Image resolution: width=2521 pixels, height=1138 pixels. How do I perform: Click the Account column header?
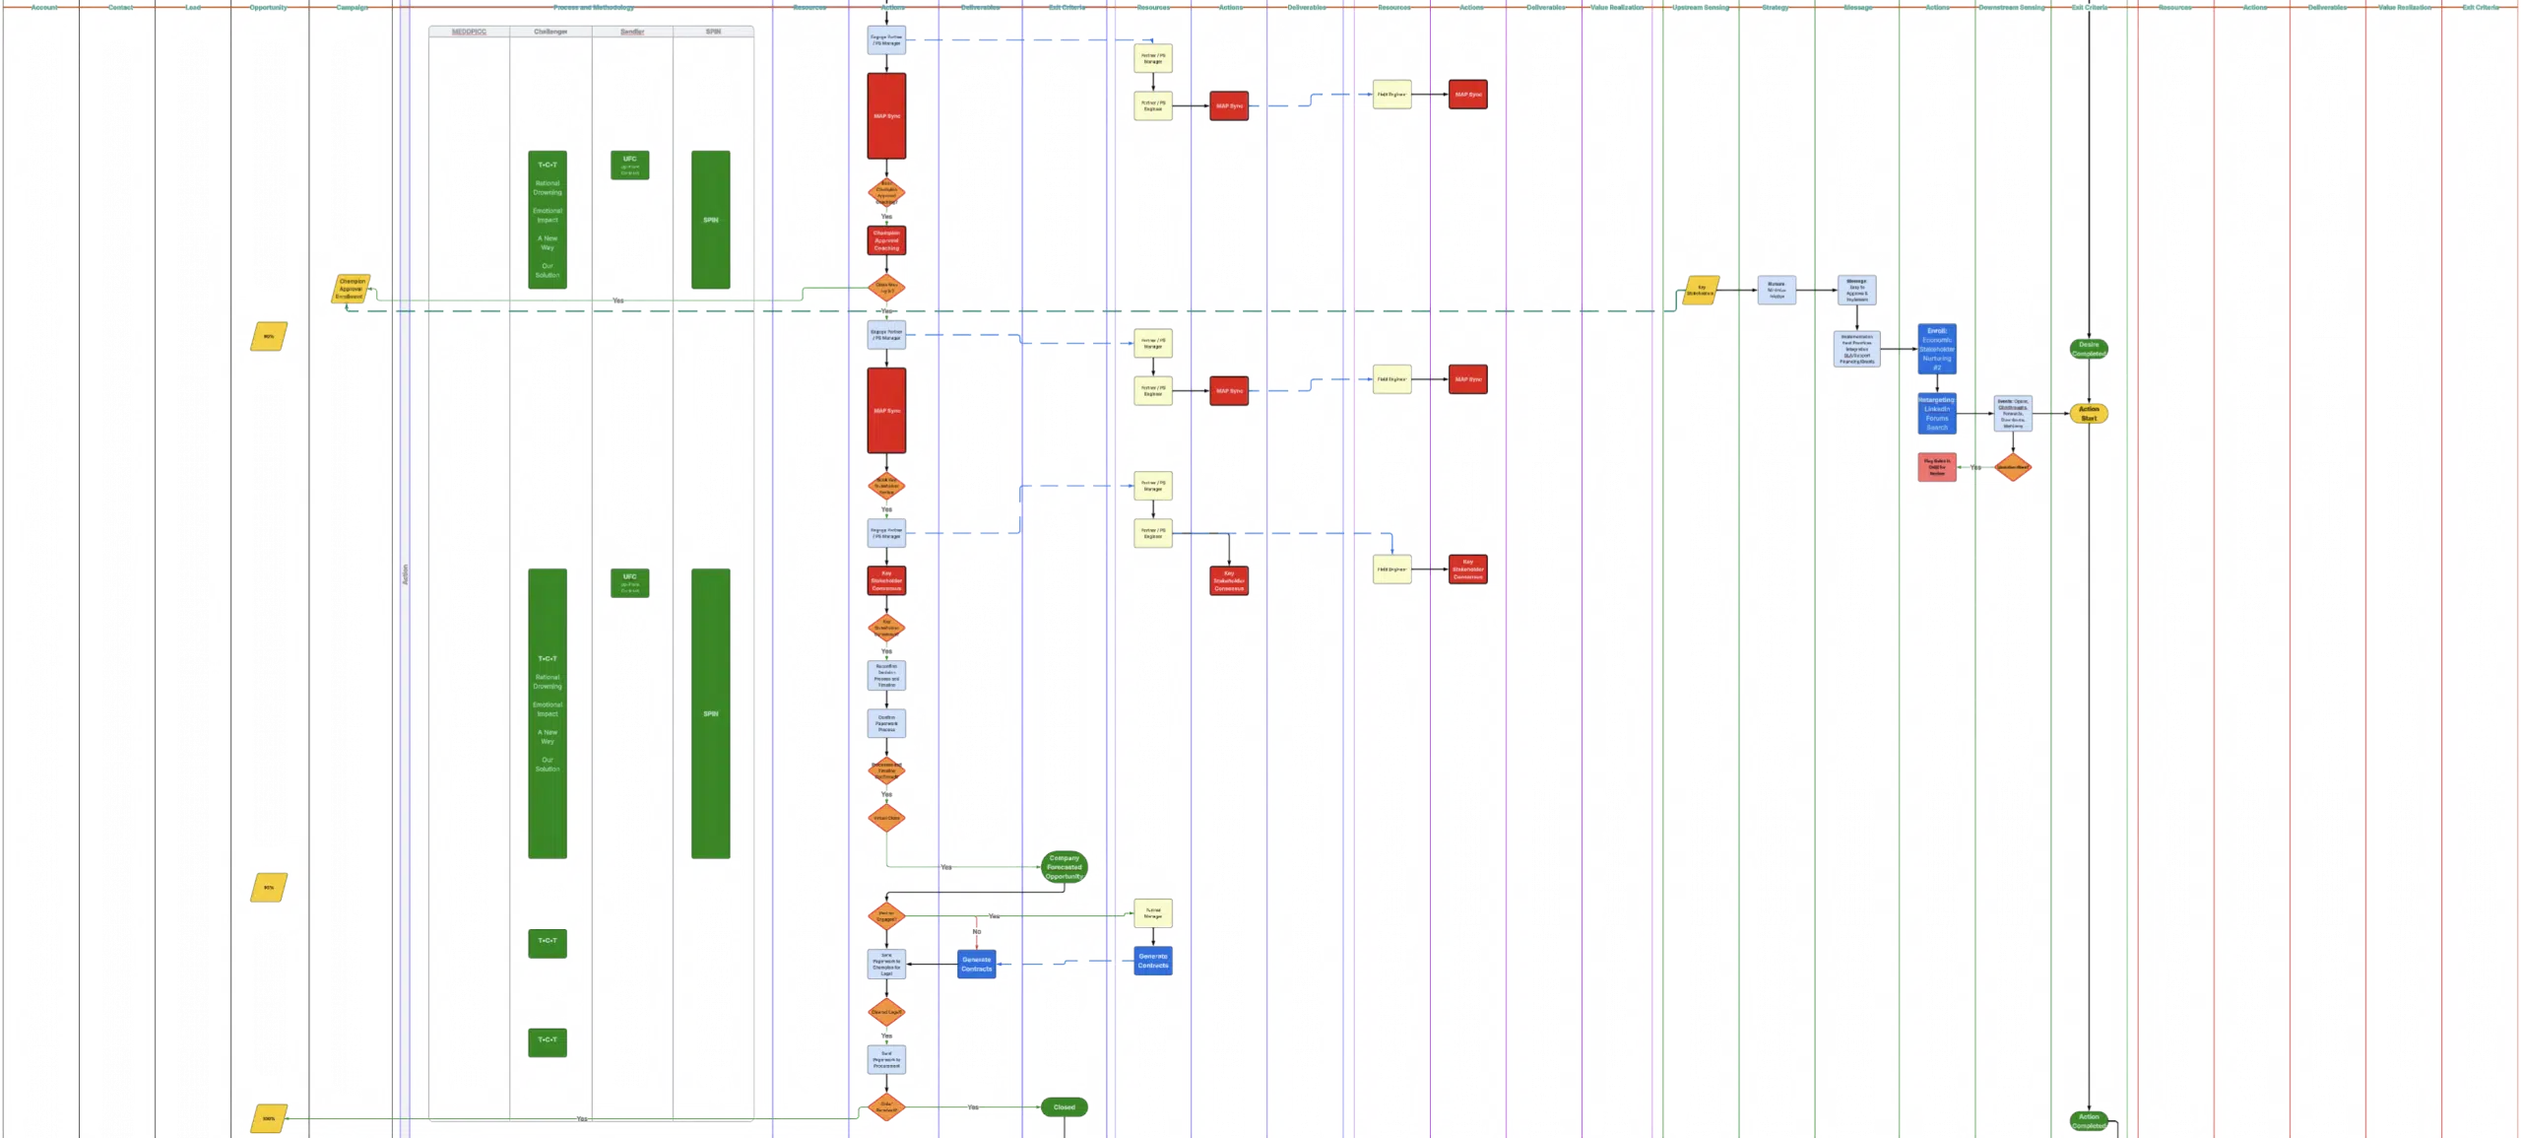coord(43,7)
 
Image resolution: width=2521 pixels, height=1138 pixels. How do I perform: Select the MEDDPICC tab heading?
coord(469,32)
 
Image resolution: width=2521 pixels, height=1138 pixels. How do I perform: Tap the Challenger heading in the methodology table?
coord(550,32)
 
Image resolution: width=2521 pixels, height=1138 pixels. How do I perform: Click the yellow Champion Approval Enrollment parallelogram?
coord(352,289)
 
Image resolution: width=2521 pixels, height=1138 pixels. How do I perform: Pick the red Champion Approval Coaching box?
coord(886,240)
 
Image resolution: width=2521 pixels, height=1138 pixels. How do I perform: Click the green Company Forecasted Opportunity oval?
coord(1064,867)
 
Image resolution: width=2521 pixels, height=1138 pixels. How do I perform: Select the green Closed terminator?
coord(1064,1107)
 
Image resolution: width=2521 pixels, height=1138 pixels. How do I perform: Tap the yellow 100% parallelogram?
coord(269,1118)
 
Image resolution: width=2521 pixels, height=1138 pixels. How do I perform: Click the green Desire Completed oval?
coord(2089,349)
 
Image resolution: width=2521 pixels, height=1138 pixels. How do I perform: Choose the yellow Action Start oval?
coord(2089,414)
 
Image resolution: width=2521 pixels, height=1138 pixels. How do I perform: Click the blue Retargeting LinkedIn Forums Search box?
coord(1937,414)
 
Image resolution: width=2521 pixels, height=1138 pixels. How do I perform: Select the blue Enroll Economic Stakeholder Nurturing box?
coord(1937,349)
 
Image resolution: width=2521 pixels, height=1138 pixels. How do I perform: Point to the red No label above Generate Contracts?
coord(977,931)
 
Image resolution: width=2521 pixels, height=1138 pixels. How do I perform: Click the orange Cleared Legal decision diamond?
coord(886,1012)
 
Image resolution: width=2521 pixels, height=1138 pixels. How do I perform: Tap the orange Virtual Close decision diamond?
coord(886,818)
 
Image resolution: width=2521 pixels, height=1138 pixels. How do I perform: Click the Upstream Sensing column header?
coord(1701,7)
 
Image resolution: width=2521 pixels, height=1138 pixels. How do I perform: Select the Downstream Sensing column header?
coord(2012,7)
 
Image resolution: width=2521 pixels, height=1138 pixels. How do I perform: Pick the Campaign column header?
coord(352,7)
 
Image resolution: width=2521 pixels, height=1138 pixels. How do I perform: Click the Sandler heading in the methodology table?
coord(632,32)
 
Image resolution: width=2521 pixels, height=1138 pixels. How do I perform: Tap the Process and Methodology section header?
coord(593,7)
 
